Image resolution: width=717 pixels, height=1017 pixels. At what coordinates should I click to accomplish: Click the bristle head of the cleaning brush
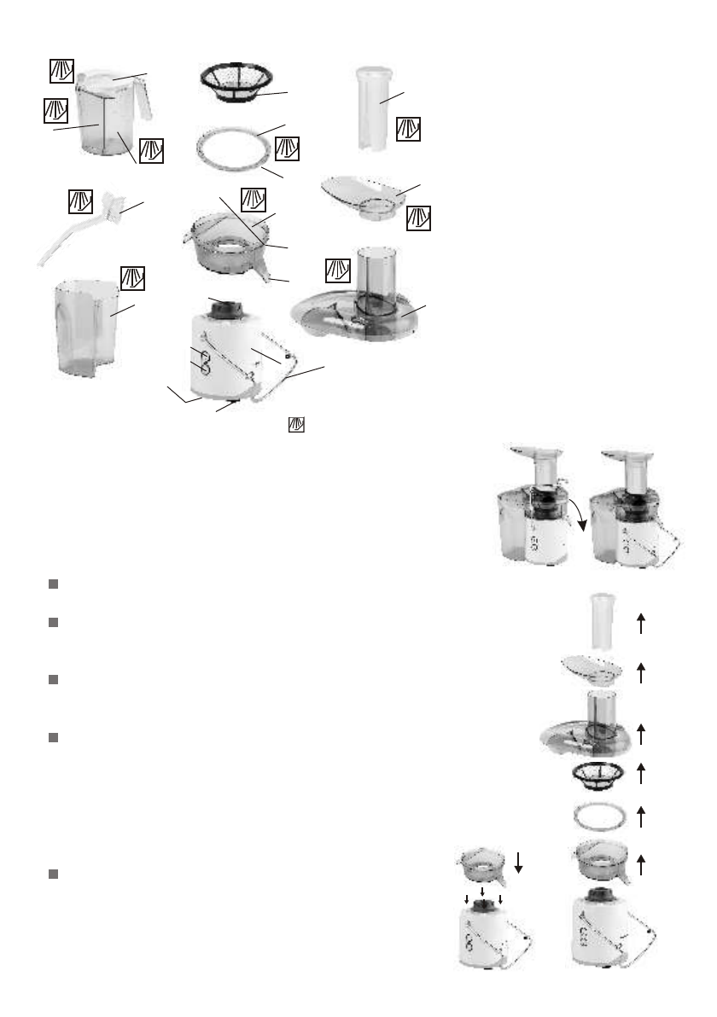coord(112,204)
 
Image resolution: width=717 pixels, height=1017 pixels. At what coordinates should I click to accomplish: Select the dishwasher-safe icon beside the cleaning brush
coord(81,202)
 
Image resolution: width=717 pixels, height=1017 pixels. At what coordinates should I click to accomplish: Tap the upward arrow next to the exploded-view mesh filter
coord(640,774)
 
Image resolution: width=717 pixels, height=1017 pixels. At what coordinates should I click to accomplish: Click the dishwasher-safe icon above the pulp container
coord(132,277)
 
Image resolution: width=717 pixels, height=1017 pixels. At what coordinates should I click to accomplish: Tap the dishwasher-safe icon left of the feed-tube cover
coord(339,271)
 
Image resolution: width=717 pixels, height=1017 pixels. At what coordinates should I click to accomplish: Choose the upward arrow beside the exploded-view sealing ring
coord(640,816)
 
